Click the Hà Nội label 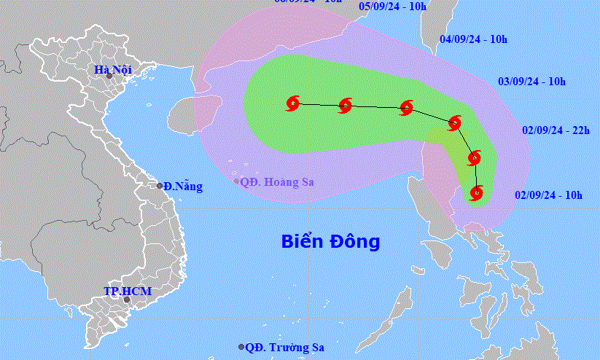click(x=109, y=70)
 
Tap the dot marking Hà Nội click(x=109, y=76)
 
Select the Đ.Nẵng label click(x=182, y=187)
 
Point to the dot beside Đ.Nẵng click(x=160, y=186)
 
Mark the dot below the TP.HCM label click(x=126, y=300)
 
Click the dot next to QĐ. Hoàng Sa click(x=236, y=181)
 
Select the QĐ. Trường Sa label click(x=284, y=348)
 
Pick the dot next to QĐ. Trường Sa click(x=242, y=348)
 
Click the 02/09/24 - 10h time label click(x=548, y=195)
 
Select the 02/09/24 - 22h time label click(x=556, y=130)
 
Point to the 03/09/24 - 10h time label click(x=531, y=82)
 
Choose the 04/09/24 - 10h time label click(x=475, y=39)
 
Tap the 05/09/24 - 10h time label click(x=394, y=6)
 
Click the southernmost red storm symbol click(x=476, y=193)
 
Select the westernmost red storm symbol click(x=293, y=103)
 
